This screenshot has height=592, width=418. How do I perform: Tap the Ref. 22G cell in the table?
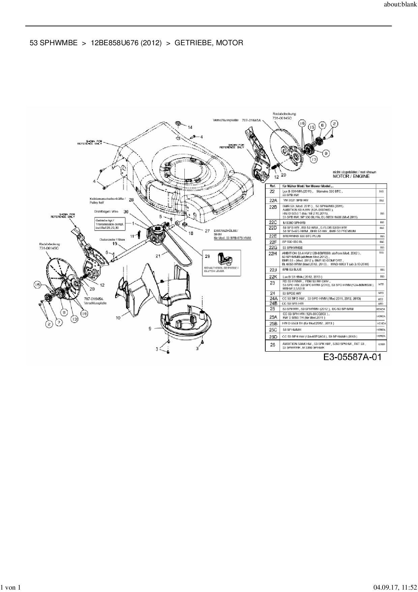coord(273,247)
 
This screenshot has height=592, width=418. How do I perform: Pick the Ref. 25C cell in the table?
coord(273,329)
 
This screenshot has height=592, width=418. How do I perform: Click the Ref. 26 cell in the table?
coord(273,345)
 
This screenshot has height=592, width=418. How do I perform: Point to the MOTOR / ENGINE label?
coord(351,176)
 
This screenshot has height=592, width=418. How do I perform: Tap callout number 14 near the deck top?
coord(190,127)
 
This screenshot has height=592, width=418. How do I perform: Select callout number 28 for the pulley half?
coord(131,200)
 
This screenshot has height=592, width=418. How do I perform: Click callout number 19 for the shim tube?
coord(114,243)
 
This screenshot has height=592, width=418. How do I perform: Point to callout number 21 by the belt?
coord(158,256)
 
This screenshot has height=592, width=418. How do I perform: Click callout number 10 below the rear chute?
coord(118,318)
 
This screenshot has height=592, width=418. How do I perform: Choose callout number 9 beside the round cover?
coord(150,328)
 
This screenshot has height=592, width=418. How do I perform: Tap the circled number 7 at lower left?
coord(59,322)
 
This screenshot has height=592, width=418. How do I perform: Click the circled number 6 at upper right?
coord(322,125)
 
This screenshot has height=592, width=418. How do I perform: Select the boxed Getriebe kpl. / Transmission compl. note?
coord(110,224)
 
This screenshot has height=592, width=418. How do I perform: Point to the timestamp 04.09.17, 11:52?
coord(394,588)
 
